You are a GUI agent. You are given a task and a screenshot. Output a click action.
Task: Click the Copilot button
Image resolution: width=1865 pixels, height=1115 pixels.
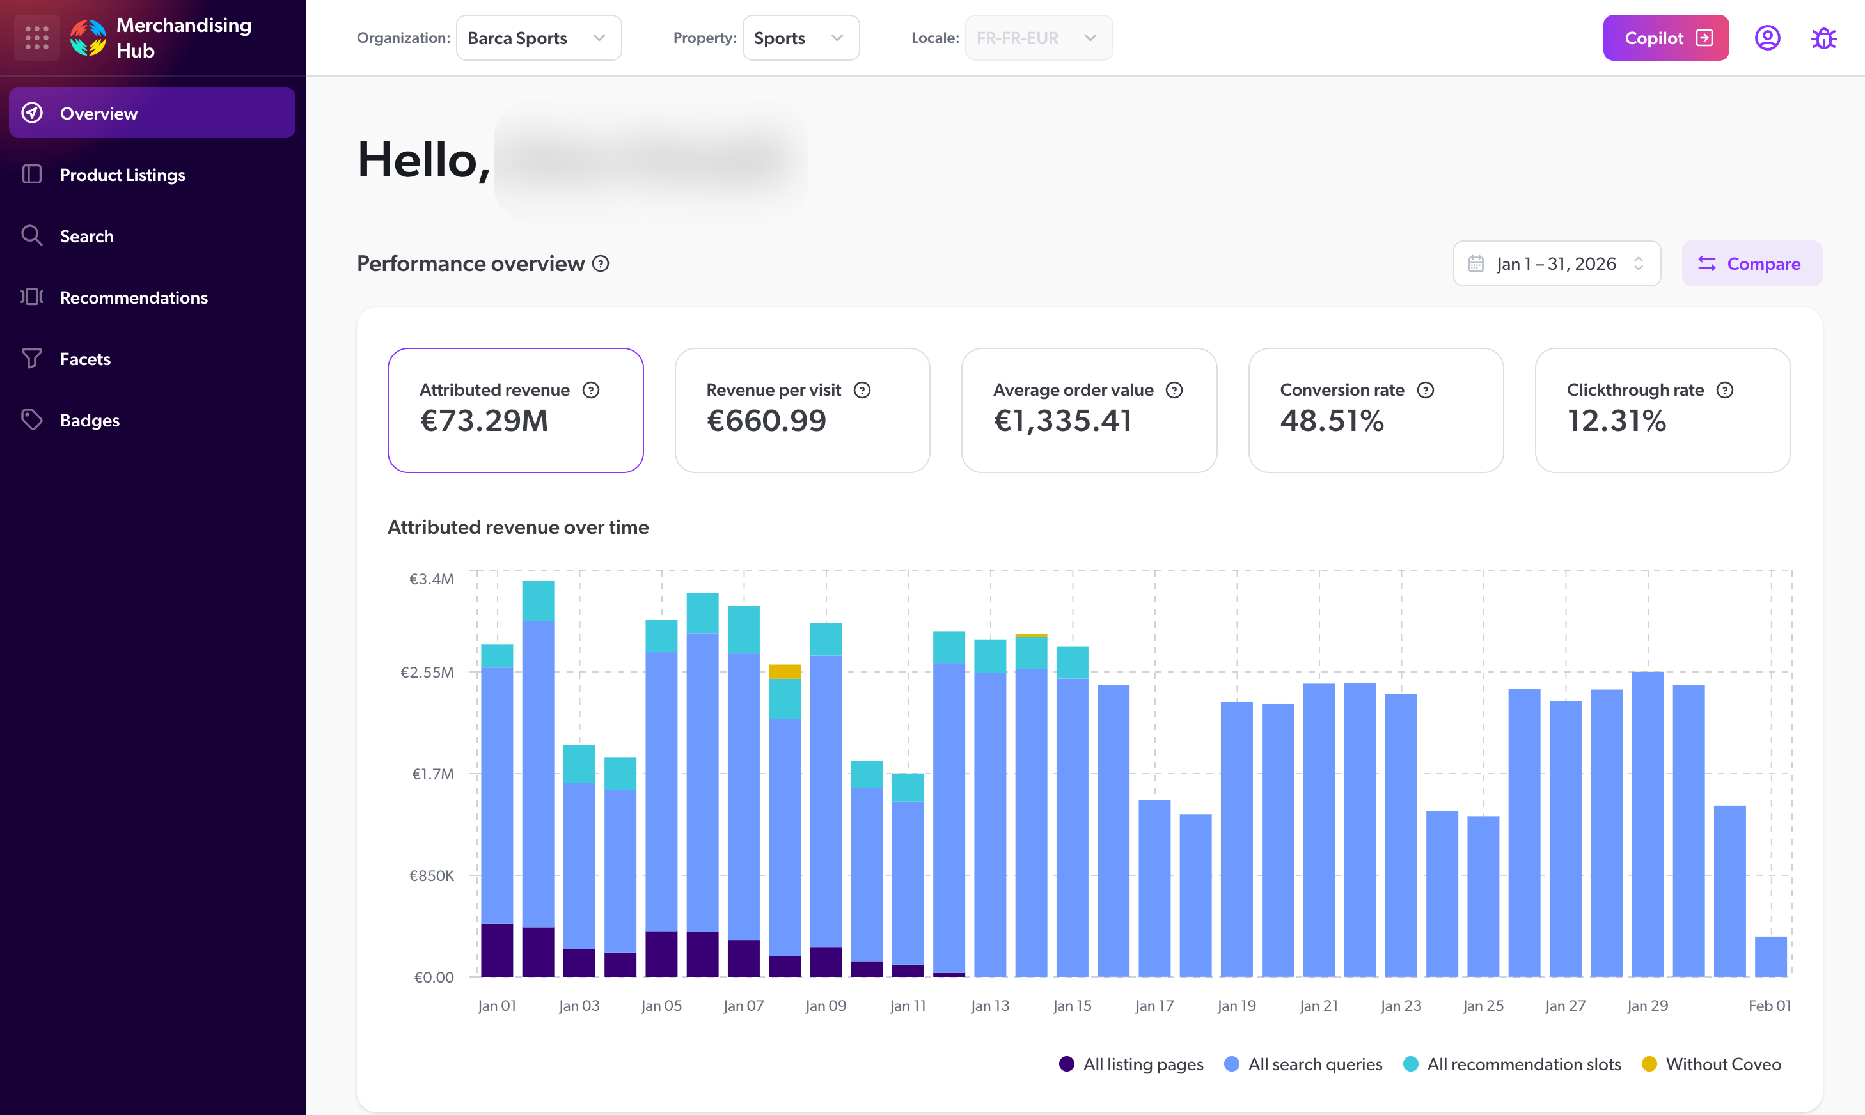tap(1665, 38)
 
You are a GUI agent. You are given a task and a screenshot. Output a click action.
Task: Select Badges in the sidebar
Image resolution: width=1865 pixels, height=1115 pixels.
tap(90, 421)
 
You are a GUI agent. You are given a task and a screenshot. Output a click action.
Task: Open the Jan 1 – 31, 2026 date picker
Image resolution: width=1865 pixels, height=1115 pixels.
tap(1556, 263)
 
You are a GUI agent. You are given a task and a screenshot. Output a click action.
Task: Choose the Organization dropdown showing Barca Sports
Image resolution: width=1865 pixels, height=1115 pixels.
tap(538, 38)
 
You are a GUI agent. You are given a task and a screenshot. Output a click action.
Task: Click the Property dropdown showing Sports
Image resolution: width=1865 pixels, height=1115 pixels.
tap(800, 38)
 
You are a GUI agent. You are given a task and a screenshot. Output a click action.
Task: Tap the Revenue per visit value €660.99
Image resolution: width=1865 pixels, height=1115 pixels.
tap(766, 421)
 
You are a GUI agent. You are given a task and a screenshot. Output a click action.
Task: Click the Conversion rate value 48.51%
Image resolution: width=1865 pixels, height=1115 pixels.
tap(1332, 421)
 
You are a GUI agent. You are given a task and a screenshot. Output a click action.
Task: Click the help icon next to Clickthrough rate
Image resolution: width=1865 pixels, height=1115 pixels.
tap(1724, 390)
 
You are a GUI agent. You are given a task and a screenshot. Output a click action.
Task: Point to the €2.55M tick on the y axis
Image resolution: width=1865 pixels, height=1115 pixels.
tap(427, 673)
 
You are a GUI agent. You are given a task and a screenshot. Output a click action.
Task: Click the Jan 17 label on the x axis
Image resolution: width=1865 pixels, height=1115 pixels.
tap(1154, 1005)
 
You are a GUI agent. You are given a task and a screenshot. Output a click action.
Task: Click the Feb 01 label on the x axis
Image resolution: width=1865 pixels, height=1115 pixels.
tap(1769, 1005)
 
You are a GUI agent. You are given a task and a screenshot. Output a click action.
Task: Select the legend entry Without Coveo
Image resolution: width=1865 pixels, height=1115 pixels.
tap(1722, 1064)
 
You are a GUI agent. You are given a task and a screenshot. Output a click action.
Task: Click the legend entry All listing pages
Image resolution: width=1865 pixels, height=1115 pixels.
tap(1142, 1064)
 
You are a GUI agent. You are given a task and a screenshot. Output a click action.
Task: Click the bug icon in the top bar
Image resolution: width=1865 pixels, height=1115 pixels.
tap(1823, 38)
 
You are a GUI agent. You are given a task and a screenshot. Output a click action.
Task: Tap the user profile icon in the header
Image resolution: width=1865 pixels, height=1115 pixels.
tap(1767, 38)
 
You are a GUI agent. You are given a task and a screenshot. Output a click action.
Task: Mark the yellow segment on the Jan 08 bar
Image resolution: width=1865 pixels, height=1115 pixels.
tap(785, 671)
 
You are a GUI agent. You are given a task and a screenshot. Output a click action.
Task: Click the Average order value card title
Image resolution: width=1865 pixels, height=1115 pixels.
tap(1073, 390)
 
